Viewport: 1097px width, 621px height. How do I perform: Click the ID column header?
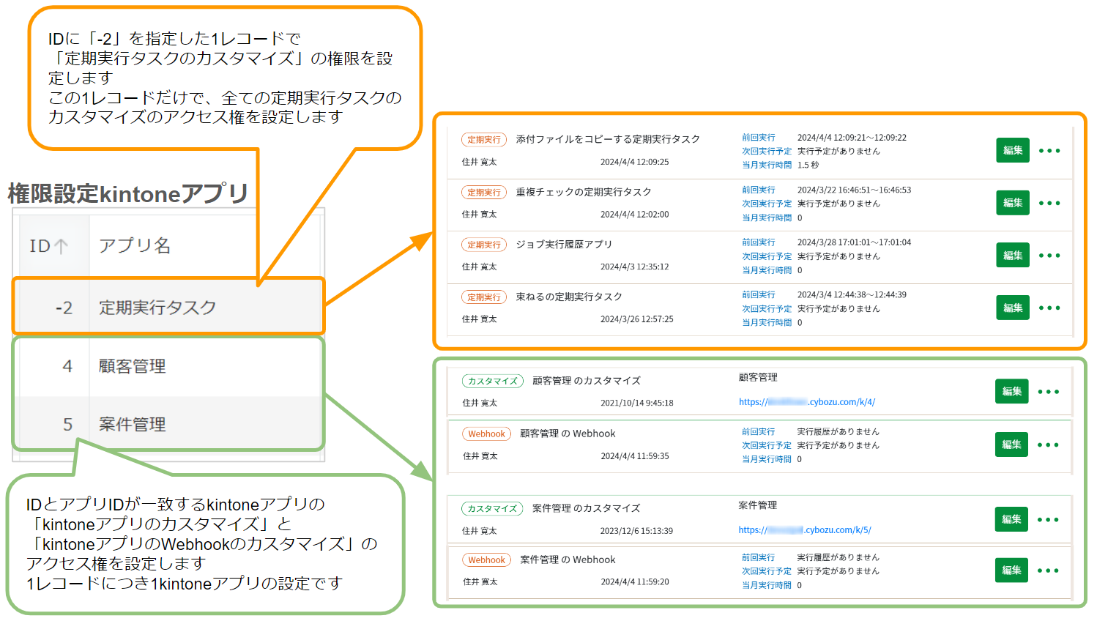tap(49, 246)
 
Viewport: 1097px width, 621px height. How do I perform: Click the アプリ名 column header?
tap(135, 246)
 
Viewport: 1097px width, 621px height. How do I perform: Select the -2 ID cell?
tap(64, 308)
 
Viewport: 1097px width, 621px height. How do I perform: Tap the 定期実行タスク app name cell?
tap(157, 308)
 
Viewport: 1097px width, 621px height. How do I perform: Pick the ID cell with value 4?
tap(67, 366)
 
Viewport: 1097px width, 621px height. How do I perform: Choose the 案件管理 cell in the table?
tap(133, 425)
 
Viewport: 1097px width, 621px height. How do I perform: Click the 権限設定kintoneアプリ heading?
tap(128, 193)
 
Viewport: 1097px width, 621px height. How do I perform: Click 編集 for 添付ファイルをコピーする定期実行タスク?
tap(1013, 150)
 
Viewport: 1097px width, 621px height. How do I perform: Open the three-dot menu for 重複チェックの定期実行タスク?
tap(1049, 203)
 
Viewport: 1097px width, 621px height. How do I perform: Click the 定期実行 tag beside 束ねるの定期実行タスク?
tap(484, 297)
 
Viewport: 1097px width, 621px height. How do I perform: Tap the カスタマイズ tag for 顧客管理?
tap(493, 381)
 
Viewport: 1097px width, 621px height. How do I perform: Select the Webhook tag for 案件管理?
tap(486, 560)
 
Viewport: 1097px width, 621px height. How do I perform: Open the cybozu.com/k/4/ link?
tap(807, 402)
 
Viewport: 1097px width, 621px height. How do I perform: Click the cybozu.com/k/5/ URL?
tap(805, 530)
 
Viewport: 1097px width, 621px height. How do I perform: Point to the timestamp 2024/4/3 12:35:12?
tap(634, 267)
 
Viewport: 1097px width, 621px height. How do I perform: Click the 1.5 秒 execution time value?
tap(808, 165)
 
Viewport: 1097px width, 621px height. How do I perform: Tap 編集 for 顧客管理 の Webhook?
tap(1011, 445)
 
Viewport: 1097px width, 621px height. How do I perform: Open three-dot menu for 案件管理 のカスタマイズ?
tap(1048, 519)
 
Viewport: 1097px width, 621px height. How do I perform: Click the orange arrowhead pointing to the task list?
tap(423, 241)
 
